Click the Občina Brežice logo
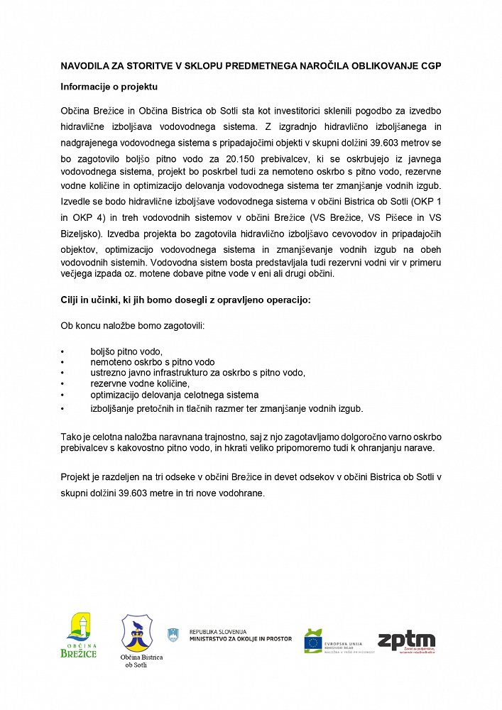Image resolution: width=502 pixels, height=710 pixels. coord(78,635)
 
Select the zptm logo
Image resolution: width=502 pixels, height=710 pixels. coord(406,641)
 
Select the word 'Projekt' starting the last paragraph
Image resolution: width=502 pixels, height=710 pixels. coord(77,476)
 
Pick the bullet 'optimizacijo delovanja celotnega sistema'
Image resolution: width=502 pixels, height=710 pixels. coord(174,394)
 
